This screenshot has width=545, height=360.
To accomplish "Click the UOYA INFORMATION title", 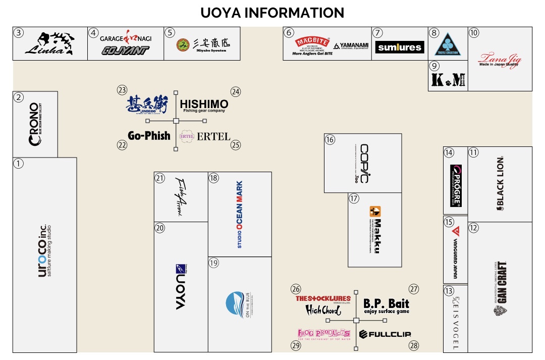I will click(x=272, y=13).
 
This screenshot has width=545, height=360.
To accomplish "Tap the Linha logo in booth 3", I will click(x=50, y=44).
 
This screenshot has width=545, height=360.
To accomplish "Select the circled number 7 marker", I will click(x=378, y=33).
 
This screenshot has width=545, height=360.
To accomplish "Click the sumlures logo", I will click(x=400, y=47).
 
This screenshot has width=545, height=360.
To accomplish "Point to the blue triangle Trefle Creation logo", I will click(x=448, y=44).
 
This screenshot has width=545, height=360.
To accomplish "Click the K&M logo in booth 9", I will click(x=448, y=79).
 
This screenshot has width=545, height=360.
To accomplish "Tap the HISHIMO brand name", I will click(x=204, y=104).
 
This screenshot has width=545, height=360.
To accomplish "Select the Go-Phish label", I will click(x=149, y=135).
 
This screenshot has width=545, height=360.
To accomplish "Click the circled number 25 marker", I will click(x=236, y=145).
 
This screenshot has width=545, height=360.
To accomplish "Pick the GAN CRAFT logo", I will click(x=500, y=288).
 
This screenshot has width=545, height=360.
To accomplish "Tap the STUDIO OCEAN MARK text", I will click(x=240, y=214).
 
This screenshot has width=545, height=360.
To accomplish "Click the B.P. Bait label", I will click(x=386, y=305).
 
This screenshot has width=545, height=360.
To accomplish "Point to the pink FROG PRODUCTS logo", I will click(x=323, y=333).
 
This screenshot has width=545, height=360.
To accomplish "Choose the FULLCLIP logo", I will click(x=385, y=334).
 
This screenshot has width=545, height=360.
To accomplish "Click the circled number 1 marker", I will click(x=19, y=164).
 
